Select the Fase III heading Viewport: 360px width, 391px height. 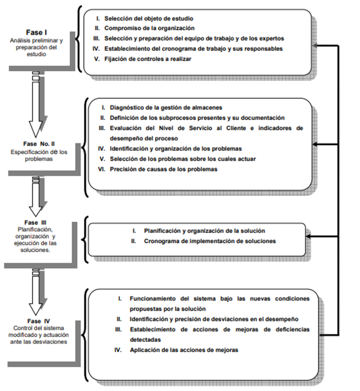click(x=37, y=221)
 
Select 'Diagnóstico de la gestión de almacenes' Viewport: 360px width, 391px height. click(x=165, y=107)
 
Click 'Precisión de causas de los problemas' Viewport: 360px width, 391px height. click(x=165, y=169)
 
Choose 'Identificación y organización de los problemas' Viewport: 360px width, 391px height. click(x=176, y=148)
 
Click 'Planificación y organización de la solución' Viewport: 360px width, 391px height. click(x=204, y=231)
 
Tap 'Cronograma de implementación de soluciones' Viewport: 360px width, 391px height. click(x=209, y=241)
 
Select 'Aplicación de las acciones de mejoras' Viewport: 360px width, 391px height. click(x=183, y=349)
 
